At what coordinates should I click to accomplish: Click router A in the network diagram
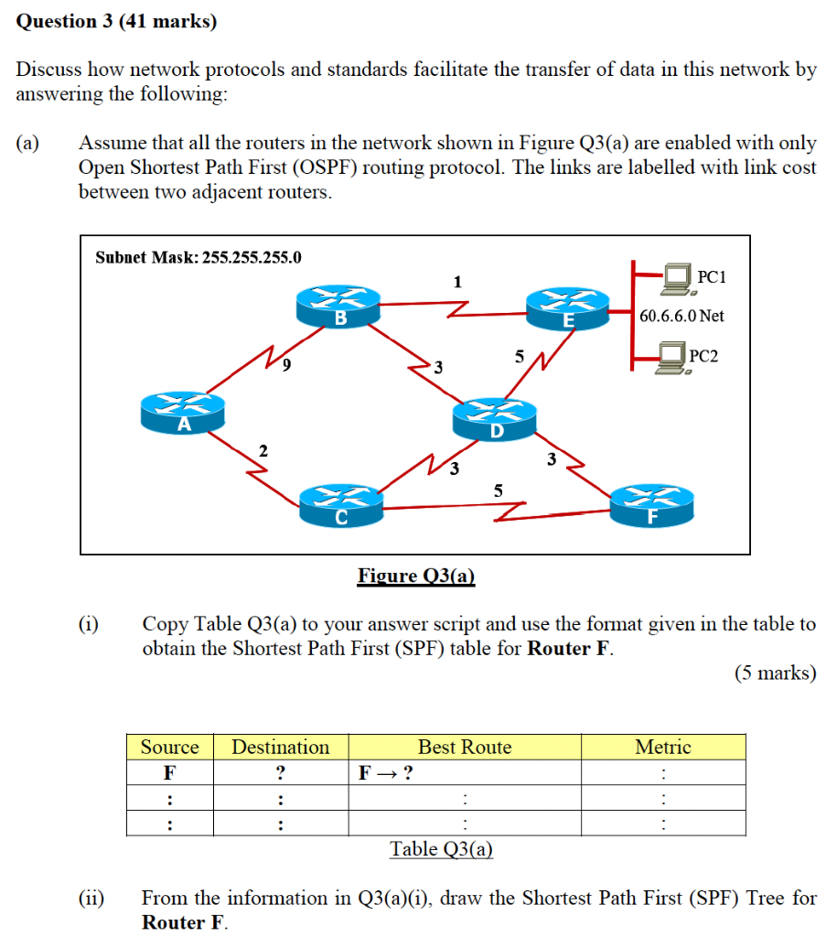tap(183, 413)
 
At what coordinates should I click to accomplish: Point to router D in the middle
tap(495, 420)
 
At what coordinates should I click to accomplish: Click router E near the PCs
tap(568, 307)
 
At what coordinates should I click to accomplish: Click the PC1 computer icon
tap(678, 278)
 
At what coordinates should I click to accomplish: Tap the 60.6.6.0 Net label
tap(681, 316)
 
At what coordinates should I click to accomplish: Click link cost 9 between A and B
tap(287, 366)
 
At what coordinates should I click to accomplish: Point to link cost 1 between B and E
tap(456, 282)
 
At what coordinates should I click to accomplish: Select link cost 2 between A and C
tap(263, 450)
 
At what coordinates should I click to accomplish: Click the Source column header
tap(169, 748)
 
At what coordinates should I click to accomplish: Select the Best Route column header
tap(465, 748)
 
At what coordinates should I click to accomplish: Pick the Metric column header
tap(663, 748)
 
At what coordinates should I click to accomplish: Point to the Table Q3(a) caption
tap(442, 849)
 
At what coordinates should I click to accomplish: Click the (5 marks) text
tap(775, 673)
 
